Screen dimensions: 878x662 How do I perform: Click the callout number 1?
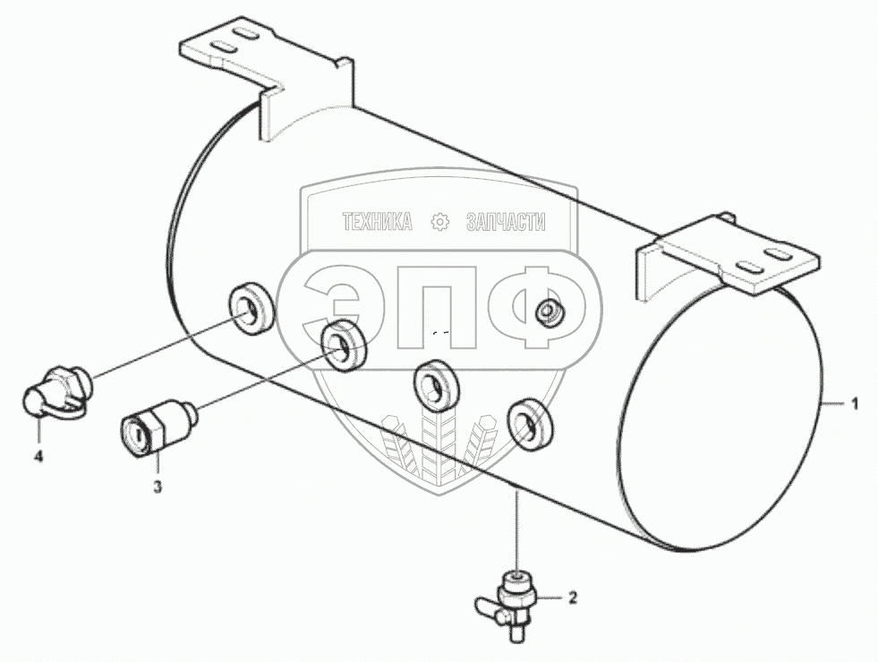855,404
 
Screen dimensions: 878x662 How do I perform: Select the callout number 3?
158,487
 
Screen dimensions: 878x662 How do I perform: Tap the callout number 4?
38,457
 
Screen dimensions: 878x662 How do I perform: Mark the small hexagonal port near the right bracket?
547,311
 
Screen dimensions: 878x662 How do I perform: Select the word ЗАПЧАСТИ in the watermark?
506,223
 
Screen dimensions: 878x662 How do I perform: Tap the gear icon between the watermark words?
439,223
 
